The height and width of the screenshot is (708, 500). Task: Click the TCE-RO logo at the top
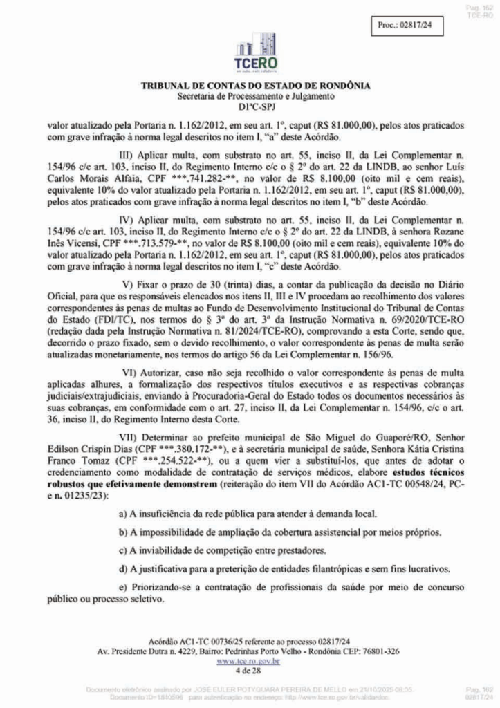click(255, 53)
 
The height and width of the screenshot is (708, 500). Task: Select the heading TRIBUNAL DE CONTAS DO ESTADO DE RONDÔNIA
click(255, 86)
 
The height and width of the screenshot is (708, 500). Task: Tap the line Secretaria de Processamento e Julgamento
click(255, 95)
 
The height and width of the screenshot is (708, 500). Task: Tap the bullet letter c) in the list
click(124, 550)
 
